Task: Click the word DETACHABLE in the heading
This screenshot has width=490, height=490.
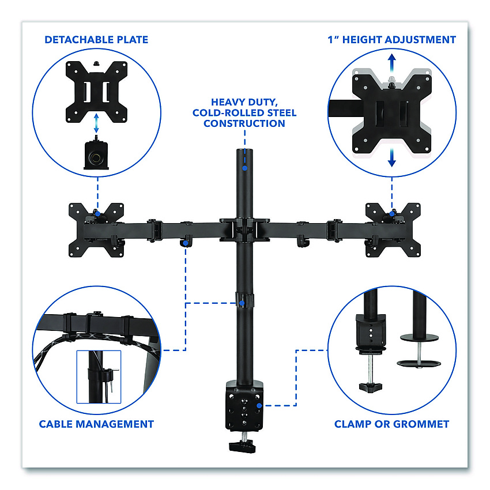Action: [x=80, y=40]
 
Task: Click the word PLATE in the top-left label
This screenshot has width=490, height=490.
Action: [x=133, y=40]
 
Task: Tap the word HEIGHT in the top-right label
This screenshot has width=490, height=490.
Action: [x=362, y=40]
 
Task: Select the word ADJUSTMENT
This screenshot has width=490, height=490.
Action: [x=420, y=40]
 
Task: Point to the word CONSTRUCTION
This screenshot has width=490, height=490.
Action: [x=244, y=123]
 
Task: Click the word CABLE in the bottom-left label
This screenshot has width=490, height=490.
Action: [x=56, y=424]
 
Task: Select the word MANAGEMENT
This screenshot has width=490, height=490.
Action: [x=115, y=424]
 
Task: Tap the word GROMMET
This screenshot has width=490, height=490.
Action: [x=421, y=424]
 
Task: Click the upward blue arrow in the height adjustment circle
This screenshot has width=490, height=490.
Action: [x=392, y=63]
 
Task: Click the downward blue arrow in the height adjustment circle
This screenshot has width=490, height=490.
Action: [x=392, y=157]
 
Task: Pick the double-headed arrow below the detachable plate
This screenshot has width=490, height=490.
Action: [x=96, y=123]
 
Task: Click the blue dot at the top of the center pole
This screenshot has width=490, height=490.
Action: [x=244, y=168]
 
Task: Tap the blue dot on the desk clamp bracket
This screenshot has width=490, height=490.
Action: [x=259, y=406]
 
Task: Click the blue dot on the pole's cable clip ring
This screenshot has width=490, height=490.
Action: [x=242, y=303]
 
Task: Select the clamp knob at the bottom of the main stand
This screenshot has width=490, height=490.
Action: [x=243, y=446]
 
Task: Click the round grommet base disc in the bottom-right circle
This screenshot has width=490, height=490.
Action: [x=419, y=363]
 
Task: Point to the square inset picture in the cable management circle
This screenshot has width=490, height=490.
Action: [x=99, y=377]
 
